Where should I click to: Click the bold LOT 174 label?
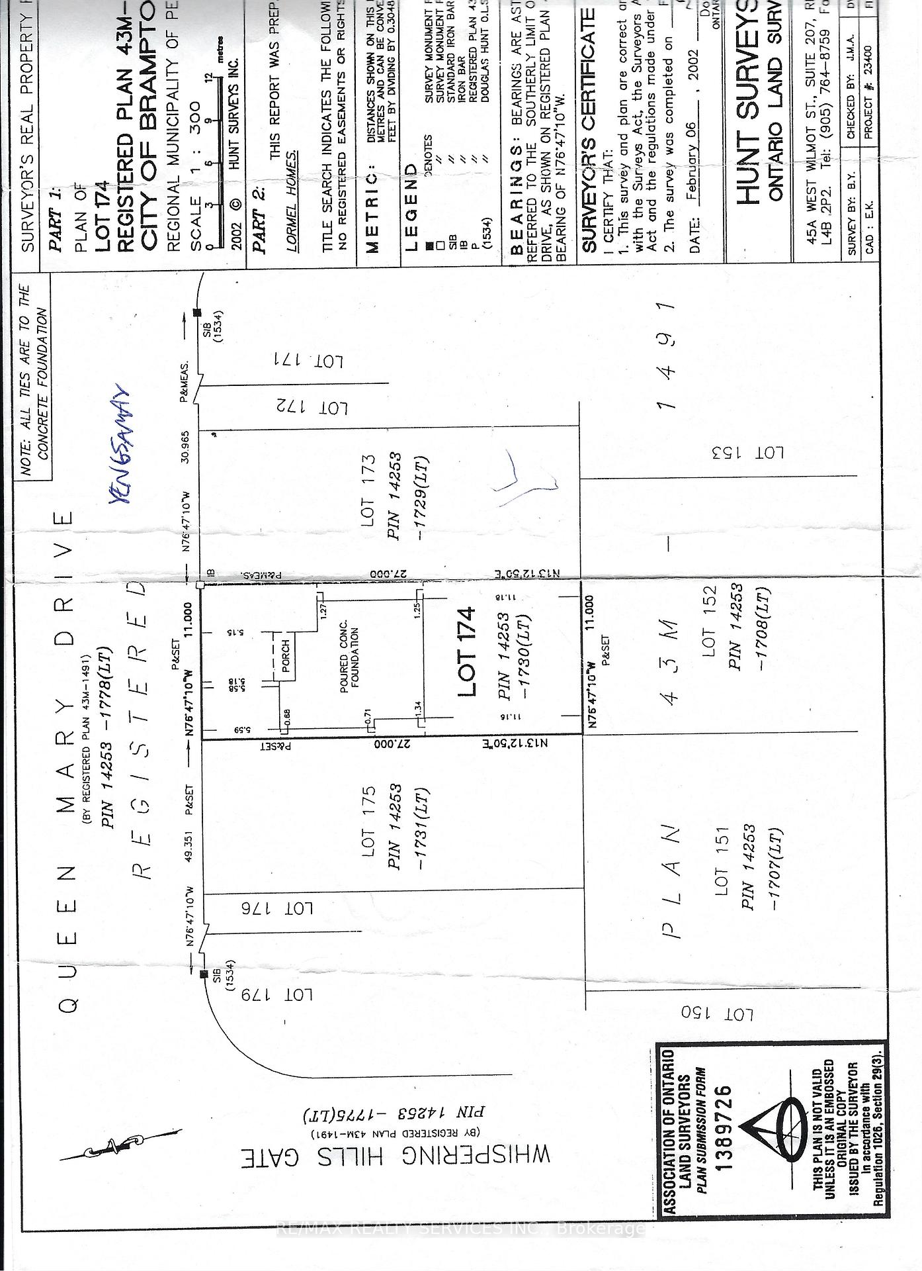(x=467, y=651)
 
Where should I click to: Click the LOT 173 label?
(x=368, y=491)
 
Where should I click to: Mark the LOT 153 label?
(x=747, y=453)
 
